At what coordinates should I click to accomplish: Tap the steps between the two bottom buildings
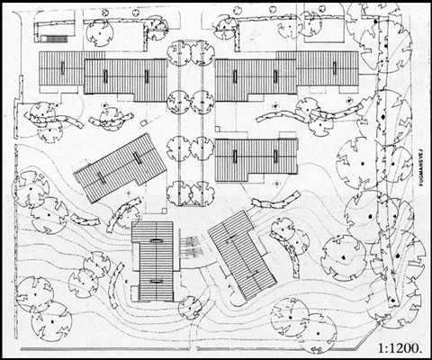pyautogui.click(x=192, y=245)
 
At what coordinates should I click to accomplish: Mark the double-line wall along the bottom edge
pyautogui.click(x=180, y=346)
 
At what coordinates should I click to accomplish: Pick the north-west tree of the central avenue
pyautogui.click(x=179, y=53)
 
